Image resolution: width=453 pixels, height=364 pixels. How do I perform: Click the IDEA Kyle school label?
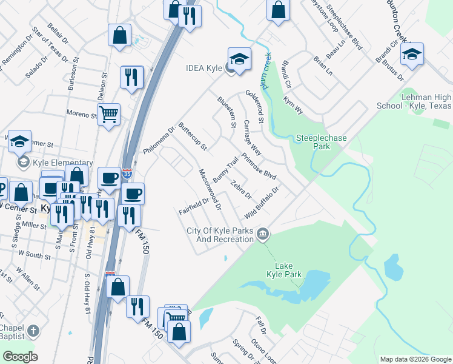coord(204,68)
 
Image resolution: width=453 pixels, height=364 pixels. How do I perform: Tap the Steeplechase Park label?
coord(321,142)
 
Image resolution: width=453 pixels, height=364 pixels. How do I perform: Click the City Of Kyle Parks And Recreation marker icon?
coord(263,234)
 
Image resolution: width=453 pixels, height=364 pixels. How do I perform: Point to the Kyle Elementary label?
coord(63,163)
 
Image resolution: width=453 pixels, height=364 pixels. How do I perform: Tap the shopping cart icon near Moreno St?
coord(108,113)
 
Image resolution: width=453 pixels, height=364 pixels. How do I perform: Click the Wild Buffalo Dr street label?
coord(262,203)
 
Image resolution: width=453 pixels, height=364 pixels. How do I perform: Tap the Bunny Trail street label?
coord(225,168)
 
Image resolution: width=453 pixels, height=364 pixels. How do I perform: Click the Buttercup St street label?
coord(191,139)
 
